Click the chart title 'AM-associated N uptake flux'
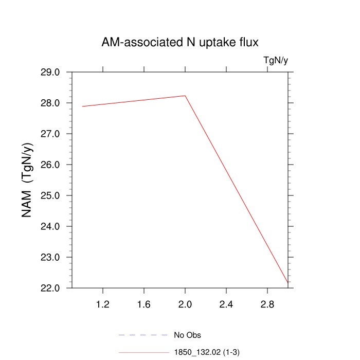(x=184, y=42)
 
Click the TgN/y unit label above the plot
(x=276, y=61)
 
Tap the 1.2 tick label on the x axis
(x=103, y=305)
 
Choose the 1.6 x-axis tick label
(x=144, y=305)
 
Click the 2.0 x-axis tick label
(x=185, y=305)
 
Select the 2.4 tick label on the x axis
(x=226, y=305)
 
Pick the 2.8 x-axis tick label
(x=267, y=305)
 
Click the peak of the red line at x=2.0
(x=185, y=96)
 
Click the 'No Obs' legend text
(x=188, y=336)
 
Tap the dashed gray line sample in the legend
(x=143, y=335)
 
